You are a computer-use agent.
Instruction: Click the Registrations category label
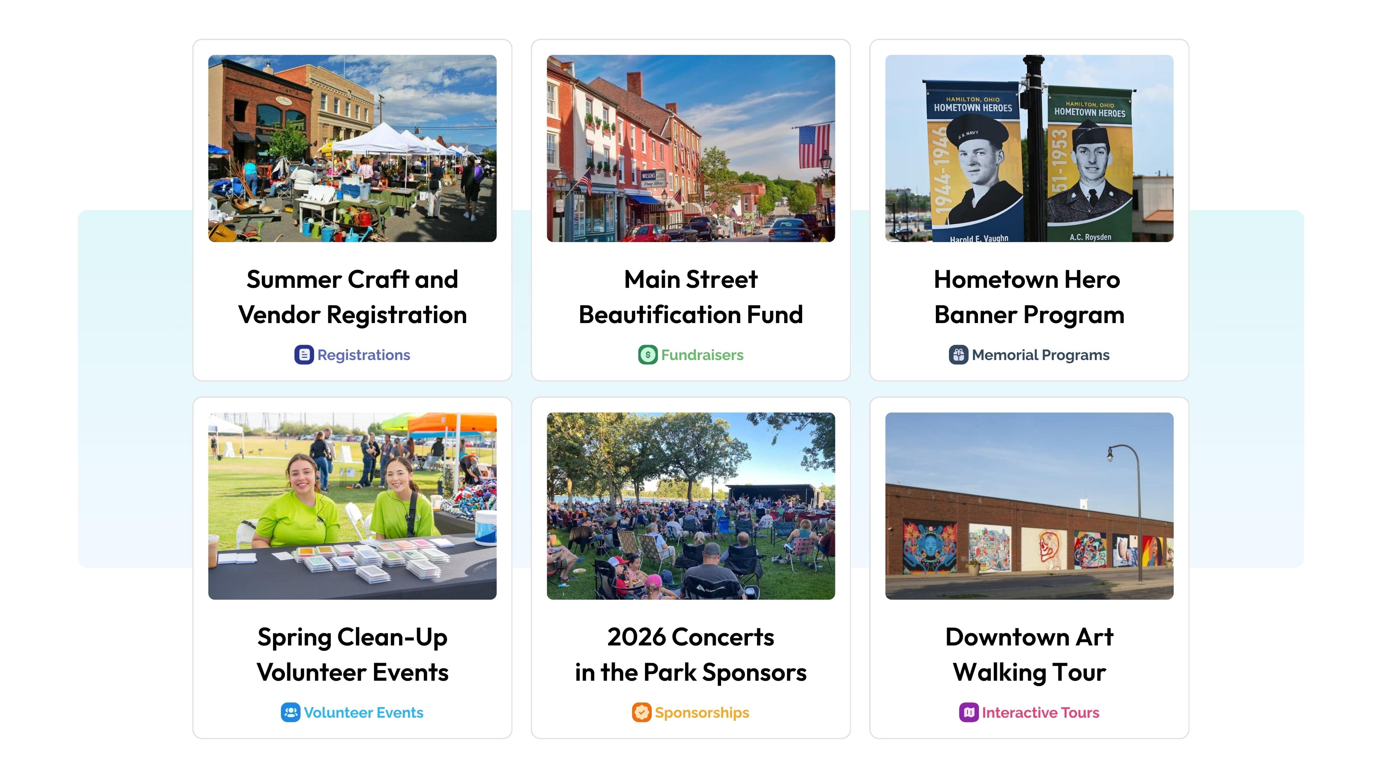(363, 355)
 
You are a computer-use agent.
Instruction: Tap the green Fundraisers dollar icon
(648, 355)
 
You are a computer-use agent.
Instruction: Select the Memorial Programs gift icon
(958, 355)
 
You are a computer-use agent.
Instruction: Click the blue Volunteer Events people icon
(291, 713)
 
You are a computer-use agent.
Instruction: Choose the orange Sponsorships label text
(702, 713)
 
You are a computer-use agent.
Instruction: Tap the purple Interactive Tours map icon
(969, 713)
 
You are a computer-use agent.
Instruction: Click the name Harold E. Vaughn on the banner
(979, 238)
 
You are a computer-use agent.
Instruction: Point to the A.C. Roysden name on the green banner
(1090, 237)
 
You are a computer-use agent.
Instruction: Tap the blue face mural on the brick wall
(930, 546)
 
